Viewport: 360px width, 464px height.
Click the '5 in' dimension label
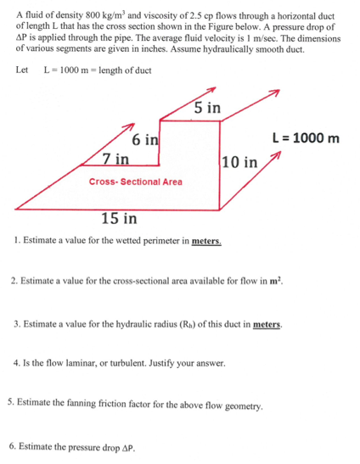(207, 108)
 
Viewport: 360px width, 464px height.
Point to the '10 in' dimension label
(238, 162)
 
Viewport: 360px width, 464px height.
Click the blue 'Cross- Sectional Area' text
(136, 182)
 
